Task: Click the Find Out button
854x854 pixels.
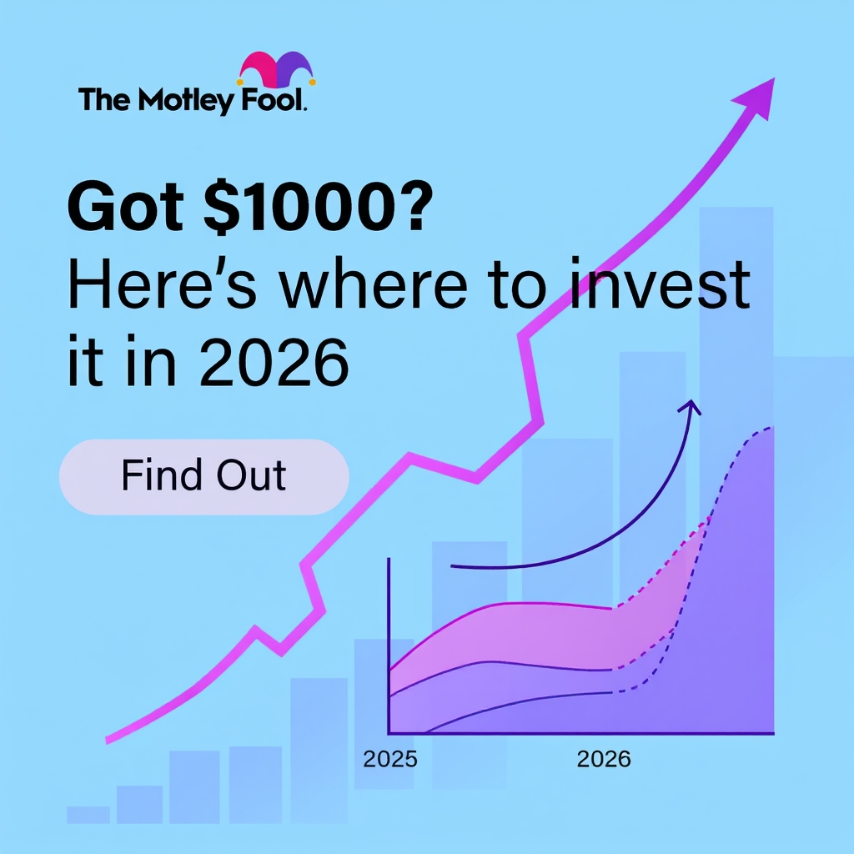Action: pyautogui.click(x=203, y=476)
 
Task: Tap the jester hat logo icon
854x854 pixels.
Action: pyautogui.click(x=277, y=70)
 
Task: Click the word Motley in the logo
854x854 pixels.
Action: pyautogui.click(x=186, y=101)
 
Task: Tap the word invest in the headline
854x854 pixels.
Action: pyautogui.click(x=661, y=284)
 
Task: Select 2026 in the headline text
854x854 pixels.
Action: pyautogui.click(x=274, y=362)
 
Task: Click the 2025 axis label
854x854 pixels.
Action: pyautogui.click(x=390, y=759)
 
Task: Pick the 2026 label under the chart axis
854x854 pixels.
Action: pyautogui.click(x=604, y=759)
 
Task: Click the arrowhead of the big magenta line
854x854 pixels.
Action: pyautogui.click(x=757, y=98)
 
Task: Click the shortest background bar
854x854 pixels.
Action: pyautogui.click(x=88, y=815)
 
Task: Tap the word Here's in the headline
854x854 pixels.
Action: pyautogui.click(x=162, y=284)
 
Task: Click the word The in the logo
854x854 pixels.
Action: pyautogui.click(x=105, y=100)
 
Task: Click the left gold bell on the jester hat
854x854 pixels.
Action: pyautogui.click(x=239, y=83)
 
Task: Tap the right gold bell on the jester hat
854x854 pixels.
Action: pyautogui.click(x=313, y=83)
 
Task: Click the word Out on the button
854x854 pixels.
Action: pyautogui.click(x=251, y=475)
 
